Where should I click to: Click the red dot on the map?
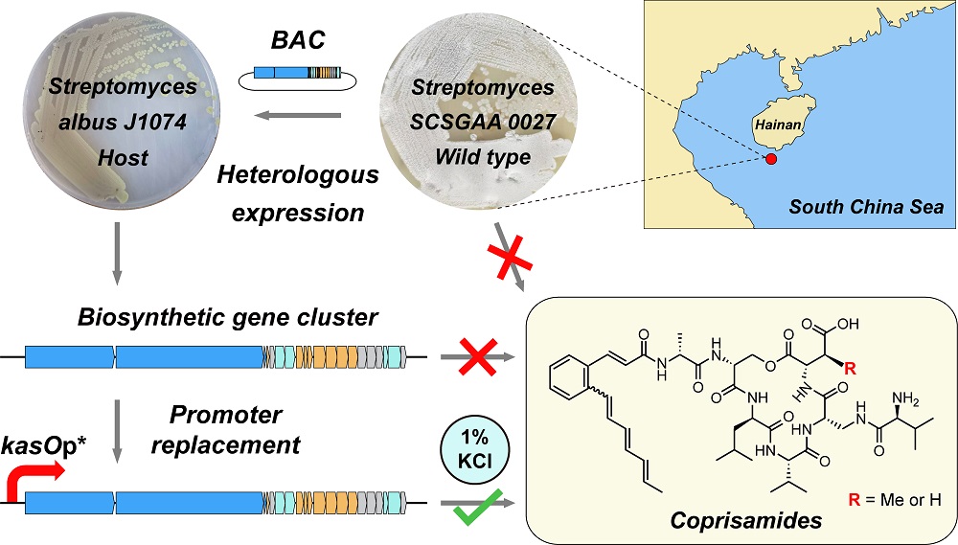click(x=772, y=159)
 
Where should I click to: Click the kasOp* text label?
click(x=39, y=445)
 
